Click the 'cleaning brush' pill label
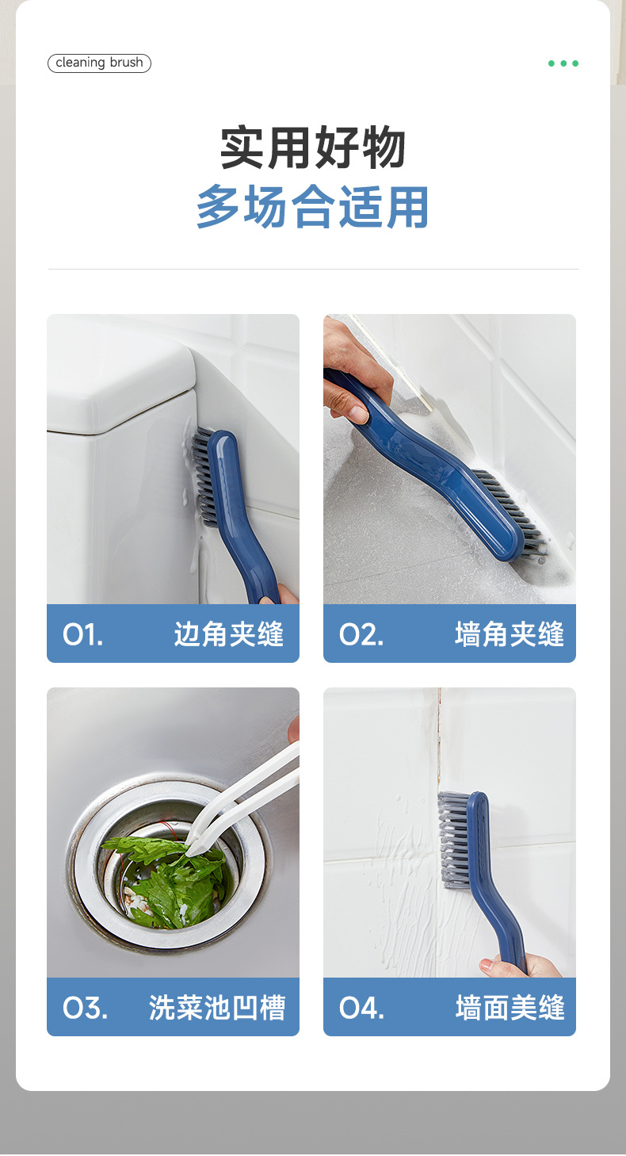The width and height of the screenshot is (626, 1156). point(99,63)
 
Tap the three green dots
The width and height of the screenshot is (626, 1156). point(563,63)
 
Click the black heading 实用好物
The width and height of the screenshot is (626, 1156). point(312,147)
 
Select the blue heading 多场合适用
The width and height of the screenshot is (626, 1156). point(312,207)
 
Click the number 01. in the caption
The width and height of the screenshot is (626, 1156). point(83,634)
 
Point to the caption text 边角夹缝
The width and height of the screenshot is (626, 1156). point(228,634)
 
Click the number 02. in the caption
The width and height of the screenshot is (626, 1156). point(361,634)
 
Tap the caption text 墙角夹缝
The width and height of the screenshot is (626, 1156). point(510,634)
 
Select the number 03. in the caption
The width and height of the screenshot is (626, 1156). point(85,1008)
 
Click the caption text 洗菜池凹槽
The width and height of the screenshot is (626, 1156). point(216,1008)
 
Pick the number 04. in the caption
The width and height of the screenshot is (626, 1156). point(361,1008)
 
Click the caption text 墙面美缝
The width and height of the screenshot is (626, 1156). point(510,1008)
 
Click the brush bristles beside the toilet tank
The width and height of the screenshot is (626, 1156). point(202,476)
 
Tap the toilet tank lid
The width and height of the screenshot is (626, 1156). point(119,389)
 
